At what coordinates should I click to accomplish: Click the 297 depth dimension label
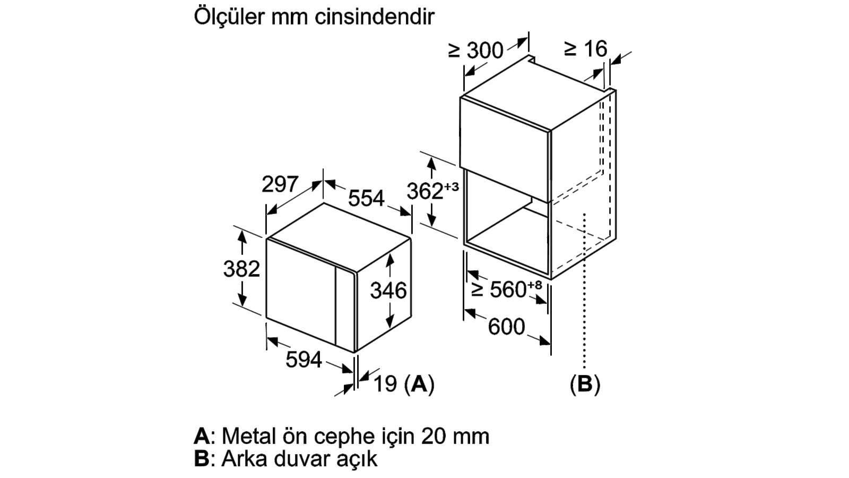(x=280, y=184)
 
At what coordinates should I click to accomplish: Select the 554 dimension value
(x=366, y=198)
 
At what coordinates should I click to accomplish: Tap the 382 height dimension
(x=241, y=269)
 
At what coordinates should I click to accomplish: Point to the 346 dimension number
(x=388, y=291)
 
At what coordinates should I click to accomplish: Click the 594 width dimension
(x=304, y=359)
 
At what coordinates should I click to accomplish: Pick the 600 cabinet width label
(x=506, y=327)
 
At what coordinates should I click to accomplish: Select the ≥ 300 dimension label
(x=475, y=50)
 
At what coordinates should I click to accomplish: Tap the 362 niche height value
(x=425, y=191)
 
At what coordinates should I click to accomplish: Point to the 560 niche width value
(x=508, y=289)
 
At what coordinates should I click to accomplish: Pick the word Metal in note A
(x=249, y=436)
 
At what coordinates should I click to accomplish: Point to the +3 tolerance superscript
(x=451, y=186)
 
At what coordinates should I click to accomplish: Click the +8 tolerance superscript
(x=534, y=285)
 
